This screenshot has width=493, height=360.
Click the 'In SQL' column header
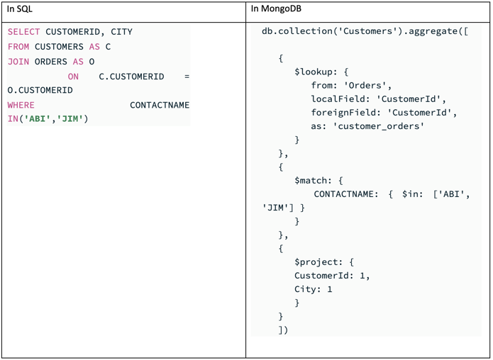click(x=20, y=9)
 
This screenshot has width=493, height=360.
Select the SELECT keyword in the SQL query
click(x=24, y=32)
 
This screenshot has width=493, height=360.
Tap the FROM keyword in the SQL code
click(x=18, y=47)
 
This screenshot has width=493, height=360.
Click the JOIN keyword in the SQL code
click(x=18, y=62)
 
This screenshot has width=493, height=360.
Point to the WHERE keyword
click(x=21, y=105)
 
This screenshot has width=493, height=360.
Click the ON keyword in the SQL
click(x=73, y=77)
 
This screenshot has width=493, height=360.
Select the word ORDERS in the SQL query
click(x=51, y=62)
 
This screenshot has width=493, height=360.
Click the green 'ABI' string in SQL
click(x=38, y=119)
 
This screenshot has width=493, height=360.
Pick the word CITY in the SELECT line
click(x=121, y=32)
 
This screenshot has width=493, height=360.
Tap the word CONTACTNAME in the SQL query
click(x=160, y=105)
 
